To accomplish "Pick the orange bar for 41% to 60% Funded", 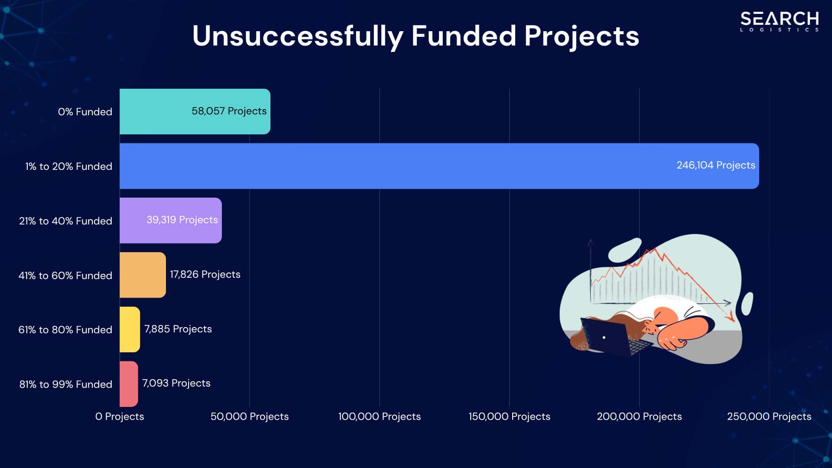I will [143, 275].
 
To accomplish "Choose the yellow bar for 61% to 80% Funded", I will [130, 329].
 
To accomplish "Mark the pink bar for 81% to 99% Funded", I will [129, 384].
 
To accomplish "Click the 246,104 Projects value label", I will [715, 165].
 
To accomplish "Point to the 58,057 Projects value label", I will [229, 111].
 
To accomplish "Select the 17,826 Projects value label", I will [205, 274].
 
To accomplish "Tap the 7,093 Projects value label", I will [176, 383].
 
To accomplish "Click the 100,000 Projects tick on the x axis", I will [379, 416].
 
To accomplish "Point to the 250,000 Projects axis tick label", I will [769, 416].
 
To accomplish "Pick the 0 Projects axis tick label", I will [120, 416].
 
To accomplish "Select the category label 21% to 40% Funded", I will [65, 221].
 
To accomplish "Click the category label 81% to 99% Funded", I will [65, 384].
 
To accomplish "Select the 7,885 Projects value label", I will [178, 329].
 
